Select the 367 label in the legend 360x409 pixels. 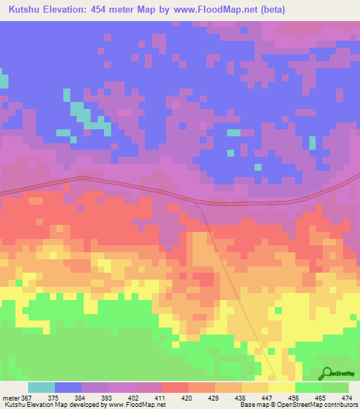coord(27,397)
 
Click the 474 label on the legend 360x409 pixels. coord(347,397)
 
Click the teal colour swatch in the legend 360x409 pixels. coord(41,387)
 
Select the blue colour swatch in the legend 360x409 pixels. coord(68,387)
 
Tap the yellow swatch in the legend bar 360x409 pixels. coord(282,387)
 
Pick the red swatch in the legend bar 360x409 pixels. coord(175,387)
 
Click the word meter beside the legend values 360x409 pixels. coord(11,397)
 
